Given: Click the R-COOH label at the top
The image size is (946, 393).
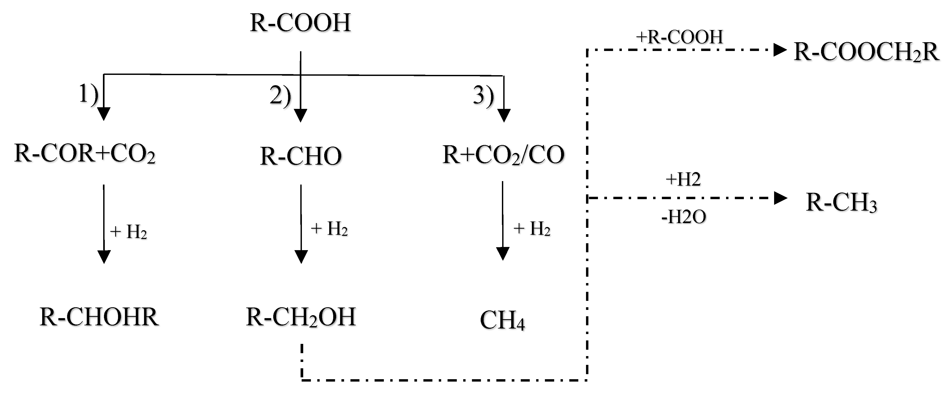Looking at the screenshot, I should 300,23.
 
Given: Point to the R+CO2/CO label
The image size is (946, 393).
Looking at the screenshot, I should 503,154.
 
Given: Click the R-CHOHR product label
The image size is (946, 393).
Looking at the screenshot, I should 99,317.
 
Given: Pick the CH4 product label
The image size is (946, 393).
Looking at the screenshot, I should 502,321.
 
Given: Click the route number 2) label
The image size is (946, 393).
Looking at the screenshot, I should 280,96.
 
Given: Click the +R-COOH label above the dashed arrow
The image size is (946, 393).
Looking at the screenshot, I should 680,37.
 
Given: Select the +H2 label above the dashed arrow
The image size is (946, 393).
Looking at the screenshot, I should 683,180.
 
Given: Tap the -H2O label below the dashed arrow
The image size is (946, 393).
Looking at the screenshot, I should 683,217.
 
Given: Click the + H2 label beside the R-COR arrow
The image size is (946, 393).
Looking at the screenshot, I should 129,232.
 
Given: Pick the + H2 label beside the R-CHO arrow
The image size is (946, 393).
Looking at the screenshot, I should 329,229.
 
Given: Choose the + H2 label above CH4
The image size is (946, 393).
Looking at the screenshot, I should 531,229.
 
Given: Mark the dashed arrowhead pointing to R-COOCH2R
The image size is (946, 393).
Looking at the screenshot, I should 780,50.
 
